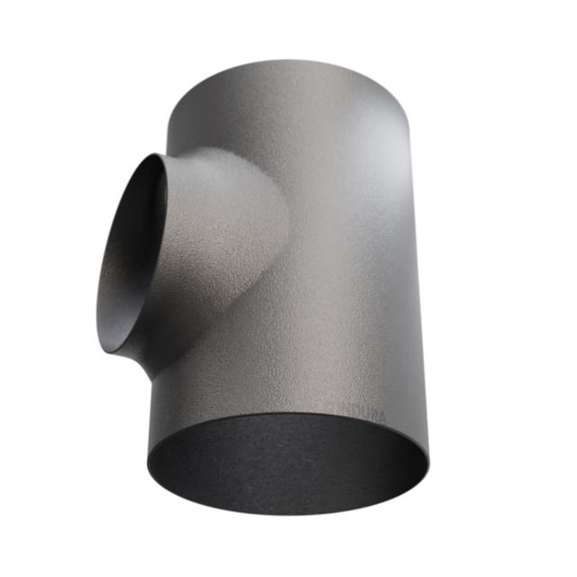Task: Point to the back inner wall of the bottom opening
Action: (288, 433)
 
